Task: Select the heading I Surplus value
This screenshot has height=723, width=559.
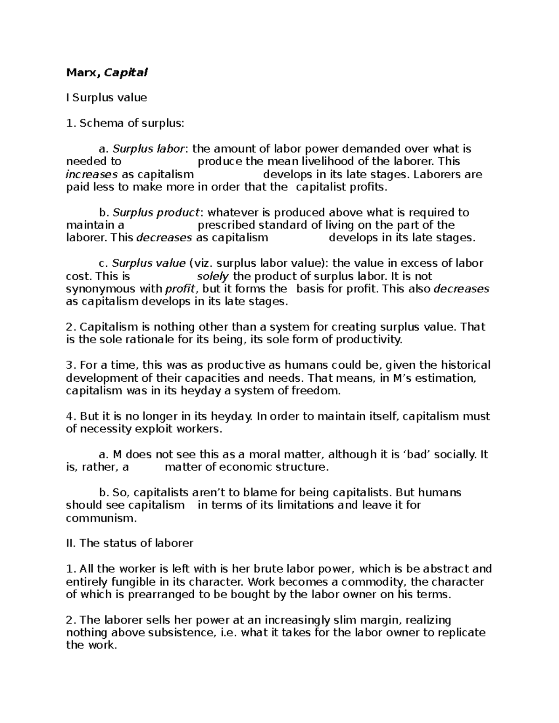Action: click(x=107, y=98)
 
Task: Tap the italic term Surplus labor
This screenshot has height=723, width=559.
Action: click(x=149, y=149)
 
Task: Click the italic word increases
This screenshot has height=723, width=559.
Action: click(x=92, y=175)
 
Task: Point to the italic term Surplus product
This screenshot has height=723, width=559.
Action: click(x=156, y=213)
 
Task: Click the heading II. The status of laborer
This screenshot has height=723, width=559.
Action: click(x=130, y=543)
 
